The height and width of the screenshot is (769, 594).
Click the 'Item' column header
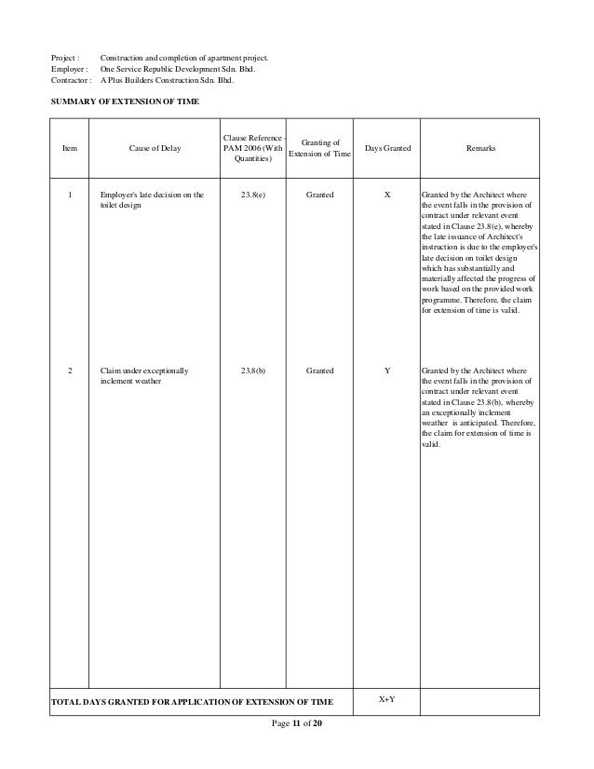click(x=70, y=149)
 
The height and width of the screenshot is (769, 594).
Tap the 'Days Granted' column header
click(x=387, y=149)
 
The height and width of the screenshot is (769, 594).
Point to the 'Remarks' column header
click(x=480, y=149)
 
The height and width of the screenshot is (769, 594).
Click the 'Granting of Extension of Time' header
click(x=320, y=148)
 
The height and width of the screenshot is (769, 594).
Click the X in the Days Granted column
click(x=387, y=195)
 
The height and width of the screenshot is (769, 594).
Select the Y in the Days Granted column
click(x=387, y=371)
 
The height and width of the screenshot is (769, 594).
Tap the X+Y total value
click(x=387, y=698)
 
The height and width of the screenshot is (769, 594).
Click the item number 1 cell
click(x=70, y=195)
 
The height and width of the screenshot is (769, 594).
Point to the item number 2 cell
click(x=70, y=371)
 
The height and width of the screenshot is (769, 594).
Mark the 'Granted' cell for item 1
click(x=320, y=195)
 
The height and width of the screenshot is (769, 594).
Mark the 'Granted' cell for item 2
click(x=320, y=371)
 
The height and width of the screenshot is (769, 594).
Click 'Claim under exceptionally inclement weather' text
click(x=144, y=376)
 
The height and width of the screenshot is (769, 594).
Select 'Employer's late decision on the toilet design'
click(x=149, y=200)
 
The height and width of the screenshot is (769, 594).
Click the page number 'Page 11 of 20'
click(x=297, y=724)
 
